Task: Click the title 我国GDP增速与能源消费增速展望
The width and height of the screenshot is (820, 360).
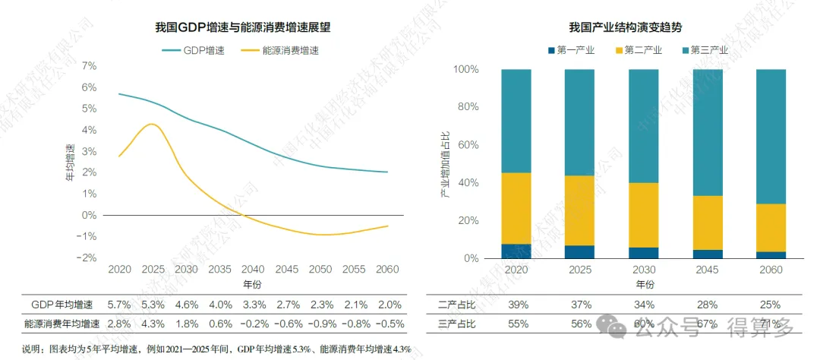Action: coord(243,27)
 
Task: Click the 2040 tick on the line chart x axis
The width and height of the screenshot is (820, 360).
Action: coord(254,270)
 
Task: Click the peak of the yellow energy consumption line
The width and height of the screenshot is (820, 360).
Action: coord(153,124)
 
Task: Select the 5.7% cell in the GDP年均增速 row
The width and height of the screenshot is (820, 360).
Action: coord(119,304)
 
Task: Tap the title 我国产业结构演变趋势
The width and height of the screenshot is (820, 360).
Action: coord(625,27)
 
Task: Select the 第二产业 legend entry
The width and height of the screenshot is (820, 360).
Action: coord(642,51)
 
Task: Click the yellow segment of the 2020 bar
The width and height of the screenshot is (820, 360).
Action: coord(516,209)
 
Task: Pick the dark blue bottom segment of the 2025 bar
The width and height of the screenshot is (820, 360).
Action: coord(579,252)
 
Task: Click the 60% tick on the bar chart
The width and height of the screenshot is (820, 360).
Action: coord(465,145)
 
